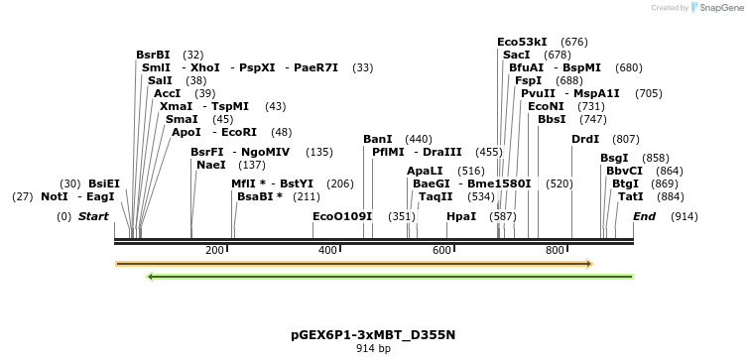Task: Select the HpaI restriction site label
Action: pyautogui.click(x=461, y=216)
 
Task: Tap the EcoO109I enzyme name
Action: pyautogui.click(x=342, y=216)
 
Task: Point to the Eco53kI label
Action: pyautogui.click(x=522, y=43)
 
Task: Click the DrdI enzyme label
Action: pyautogui.click(x=585, y=140)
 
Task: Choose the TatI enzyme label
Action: pyautogui.click(x=630, y=197)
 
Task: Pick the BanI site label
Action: pyautogui.click(x=378, y=140)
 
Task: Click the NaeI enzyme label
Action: pyautogui.click(x=211, y=166)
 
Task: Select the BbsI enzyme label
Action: pyautogui.click(x=552, y=120)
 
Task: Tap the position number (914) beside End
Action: pyautogui.click(x=684, y=216)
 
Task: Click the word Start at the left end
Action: pyautogui.click(x=93, y=216)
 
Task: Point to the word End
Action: pyautogui.click(x=644, y=216)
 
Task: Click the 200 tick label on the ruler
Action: pyautogui.click(x=214, y=251)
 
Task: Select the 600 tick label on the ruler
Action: pyautogui.click(x=441, y=251)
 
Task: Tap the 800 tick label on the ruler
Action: pyautogui.click(x=555, y=251)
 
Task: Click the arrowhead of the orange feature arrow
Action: pyautogui.click(x=589, y=264)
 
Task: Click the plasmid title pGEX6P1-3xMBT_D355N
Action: pyautogui.click(x=373, y=335)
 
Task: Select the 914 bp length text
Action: pyautogui.click(x=373, y=349)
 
